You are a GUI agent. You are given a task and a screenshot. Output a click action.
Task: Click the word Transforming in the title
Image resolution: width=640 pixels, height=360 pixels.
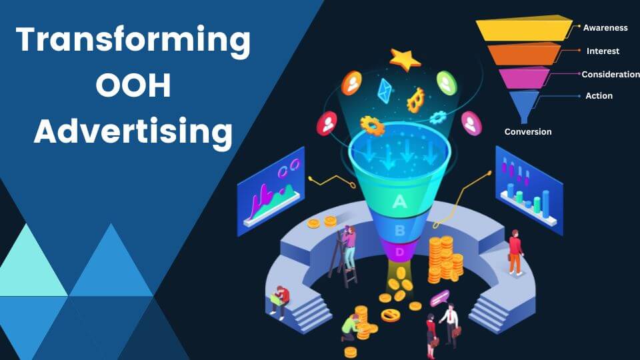(133, 41)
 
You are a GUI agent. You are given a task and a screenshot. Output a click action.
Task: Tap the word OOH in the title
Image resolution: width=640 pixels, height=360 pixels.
(133, 85)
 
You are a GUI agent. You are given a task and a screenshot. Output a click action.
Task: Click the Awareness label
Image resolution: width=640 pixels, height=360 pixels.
(605, 28)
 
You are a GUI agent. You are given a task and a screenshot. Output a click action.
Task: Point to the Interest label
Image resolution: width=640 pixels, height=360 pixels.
(603, 51)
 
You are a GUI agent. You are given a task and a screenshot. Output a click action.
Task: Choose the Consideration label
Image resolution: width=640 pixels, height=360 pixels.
(611, 74)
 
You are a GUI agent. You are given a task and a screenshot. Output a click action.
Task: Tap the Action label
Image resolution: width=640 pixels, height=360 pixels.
(599, 96)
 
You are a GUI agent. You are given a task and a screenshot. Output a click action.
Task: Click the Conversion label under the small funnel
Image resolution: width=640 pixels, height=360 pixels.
(528, 132)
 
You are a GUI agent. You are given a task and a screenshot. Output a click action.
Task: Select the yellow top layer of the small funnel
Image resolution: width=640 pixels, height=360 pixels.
(524, 28)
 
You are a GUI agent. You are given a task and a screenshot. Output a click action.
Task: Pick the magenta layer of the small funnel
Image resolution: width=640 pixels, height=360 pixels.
(524, 78)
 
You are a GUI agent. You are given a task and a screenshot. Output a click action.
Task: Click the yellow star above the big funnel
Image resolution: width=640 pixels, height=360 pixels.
(405, 59)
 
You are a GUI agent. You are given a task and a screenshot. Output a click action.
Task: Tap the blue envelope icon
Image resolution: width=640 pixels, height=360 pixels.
(385, 91)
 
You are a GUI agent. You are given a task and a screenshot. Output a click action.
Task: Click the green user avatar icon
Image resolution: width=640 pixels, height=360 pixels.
(447, 83)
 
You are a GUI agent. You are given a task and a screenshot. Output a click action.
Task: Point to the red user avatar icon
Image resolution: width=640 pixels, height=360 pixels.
(327, 123)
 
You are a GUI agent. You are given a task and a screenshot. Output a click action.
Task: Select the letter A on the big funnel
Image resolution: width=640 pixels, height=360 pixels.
(399, 201)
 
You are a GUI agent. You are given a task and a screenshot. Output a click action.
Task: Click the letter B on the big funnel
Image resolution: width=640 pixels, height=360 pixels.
(400, 231)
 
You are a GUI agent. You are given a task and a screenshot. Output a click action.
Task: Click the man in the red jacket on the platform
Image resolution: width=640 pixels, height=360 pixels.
(515, 252)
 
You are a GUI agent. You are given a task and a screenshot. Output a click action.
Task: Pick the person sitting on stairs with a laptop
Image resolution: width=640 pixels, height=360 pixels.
(279, 301)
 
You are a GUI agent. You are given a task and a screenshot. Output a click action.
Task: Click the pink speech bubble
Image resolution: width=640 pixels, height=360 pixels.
(439, 298)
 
